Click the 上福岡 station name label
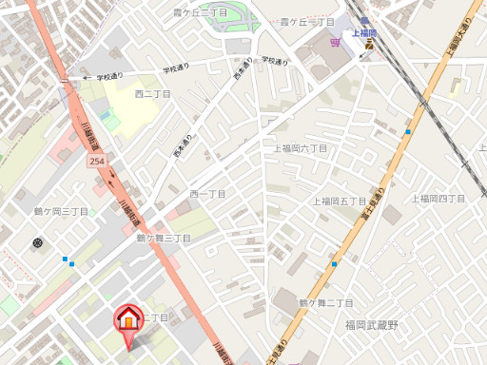click(365, 32)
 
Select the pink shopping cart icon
click(334, 42)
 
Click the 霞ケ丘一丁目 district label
click(306, 22)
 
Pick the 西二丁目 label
click(152, 94)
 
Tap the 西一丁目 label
click(207, 194)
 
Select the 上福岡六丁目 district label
click(301, 149)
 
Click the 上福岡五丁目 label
click(340, 202)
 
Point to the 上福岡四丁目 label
click(438, 199)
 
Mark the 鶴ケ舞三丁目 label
click(164, 238)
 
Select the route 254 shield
click(97, 163)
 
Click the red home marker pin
click(127, 319)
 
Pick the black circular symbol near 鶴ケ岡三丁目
click(37, 243)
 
